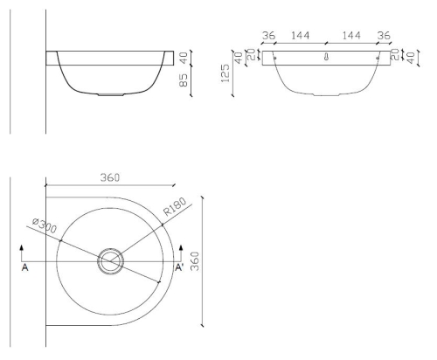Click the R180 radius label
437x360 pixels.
175,206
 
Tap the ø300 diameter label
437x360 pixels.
45,225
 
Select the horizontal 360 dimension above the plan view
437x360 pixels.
110,177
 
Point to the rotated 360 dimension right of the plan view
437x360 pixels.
195,261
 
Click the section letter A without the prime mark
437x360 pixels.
25,267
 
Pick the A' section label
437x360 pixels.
179,267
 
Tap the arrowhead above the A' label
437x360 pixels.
181,248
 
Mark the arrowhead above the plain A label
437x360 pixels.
22,248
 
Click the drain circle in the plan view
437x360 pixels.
110,261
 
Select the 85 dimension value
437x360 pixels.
184,80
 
